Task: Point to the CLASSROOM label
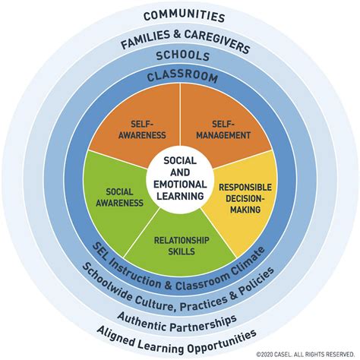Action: coord(182,77)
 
